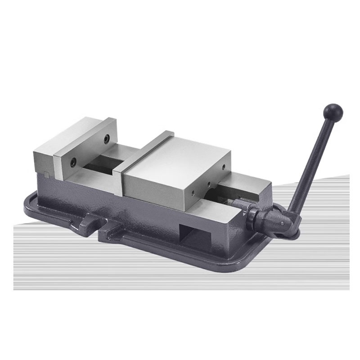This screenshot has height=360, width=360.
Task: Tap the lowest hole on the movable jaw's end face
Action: (193, 193)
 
